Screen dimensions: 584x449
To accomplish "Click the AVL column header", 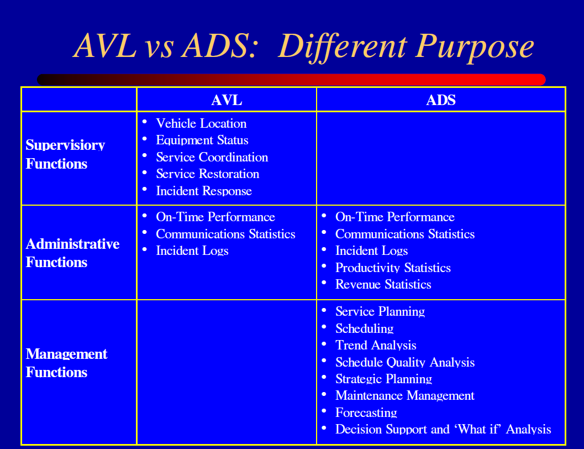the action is pos(227,100).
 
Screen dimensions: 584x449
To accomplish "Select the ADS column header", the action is pos(440,100).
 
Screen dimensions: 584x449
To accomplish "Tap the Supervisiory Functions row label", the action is pos(65,154).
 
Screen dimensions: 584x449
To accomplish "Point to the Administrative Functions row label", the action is pos(72,253).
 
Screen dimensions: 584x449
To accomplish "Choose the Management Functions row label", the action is pos(66,363).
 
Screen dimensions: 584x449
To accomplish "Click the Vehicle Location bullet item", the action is pos(201,123).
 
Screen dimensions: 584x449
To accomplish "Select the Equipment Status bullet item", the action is pos(202,140).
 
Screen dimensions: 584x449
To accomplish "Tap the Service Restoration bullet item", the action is pos(207,174).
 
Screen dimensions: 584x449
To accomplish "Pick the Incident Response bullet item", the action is pos(204,191).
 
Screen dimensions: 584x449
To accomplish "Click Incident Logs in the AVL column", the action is pos(192,250).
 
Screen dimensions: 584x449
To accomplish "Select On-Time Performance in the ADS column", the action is pos(395,217).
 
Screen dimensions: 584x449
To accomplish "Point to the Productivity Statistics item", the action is pos(393,268).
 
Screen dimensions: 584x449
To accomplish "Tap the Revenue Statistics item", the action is pos(383,284).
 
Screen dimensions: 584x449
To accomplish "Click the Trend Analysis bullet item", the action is pos(376,345).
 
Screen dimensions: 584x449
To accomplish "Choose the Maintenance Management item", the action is pos(405,395).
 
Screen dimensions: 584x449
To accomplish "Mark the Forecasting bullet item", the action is pos(366,413).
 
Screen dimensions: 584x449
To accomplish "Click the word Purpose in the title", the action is pos(475,46).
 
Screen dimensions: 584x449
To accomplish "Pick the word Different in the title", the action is pos(342,46).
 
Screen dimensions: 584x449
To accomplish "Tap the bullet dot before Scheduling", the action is pos(324,327).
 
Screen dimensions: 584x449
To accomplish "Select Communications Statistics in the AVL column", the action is pos(225,234).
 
